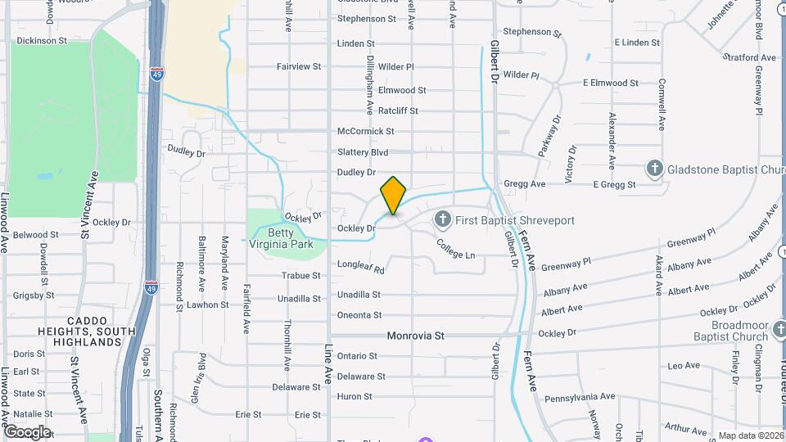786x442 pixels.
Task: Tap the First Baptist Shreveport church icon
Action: click(x=442, y=219)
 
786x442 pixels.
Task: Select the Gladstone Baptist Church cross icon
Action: click(x=654, y=169)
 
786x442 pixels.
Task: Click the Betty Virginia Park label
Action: click(x=281, y=238)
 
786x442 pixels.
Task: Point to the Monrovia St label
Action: click(x=415, y=336)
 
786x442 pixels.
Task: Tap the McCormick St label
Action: click(x=365, y=131)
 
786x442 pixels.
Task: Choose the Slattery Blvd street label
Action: click(x=362, y=152)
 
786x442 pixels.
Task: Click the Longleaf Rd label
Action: click(x=360, y=266)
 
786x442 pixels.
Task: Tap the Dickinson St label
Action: click(x=42, y=40)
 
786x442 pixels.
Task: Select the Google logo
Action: click(x=27, y=432)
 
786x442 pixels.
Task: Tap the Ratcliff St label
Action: click(x=397, y=110)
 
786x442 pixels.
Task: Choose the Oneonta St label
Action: click(x=359, y=315)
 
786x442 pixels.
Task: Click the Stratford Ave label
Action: click(x=749, y=57)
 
